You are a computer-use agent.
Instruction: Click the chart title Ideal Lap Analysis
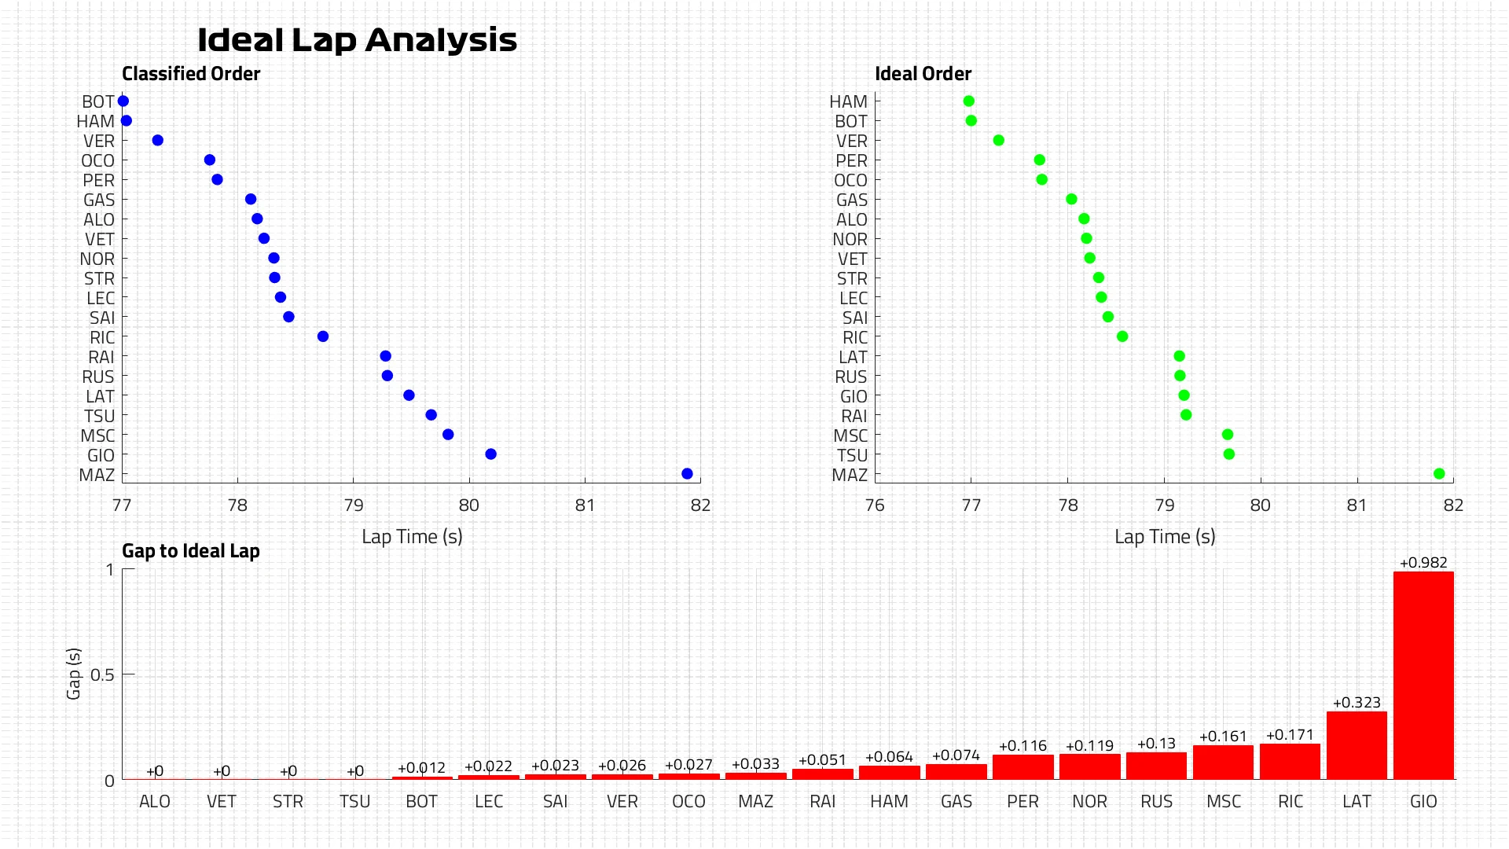357,40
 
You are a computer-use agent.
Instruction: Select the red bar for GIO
1423,675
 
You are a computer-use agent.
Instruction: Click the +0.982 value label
1423,563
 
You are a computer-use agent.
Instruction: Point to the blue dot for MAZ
687,474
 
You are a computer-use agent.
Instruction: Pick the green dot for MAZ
1439,474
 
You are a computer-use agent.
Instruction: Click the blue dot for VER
158,141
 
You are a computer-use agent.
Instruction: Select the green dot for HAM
969,101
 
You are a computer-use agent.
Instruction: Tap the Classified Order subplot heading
191,74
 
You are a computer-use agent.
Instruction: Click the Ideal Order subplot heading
923,74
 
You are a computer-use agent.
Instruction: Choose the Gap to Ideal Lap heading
191,551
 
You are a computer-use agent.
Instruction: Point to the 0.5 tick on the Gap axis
102,674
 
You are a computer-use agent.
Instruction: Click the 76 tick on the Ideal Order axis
875,505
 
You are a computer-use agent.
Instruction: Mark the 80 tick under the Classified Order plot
469,505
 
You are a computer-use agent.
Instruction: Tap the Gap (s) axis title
74,674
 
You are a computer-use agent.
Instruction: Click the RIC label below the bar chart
1291,801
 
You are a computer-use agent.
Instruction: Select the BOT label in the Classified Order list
98,102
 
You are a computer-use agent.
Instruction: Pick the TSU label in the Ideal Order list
852,456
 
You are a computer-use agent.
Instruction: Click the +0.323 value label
1357,703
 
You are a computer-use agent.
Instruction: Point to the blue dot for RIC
323,336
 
